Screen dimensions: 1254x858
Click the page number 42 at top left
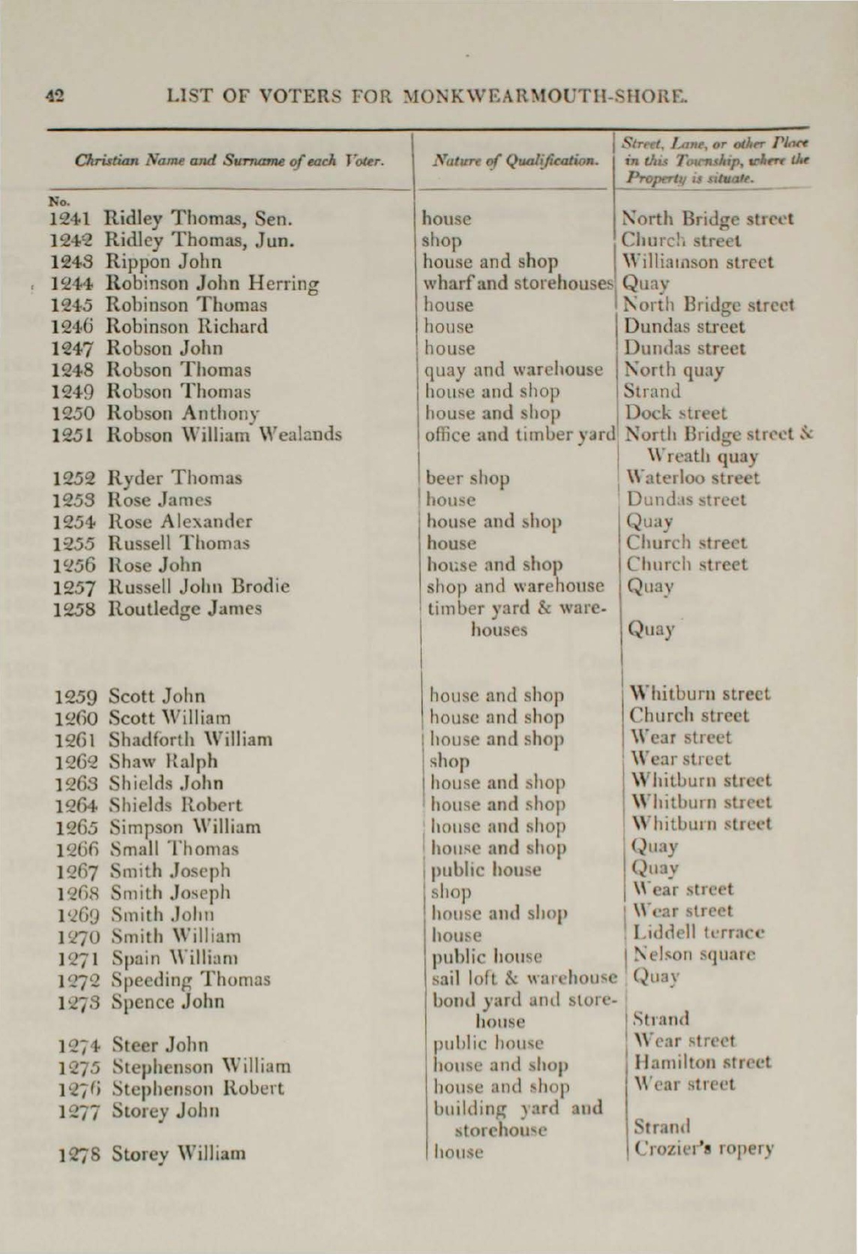(x=55, y=96)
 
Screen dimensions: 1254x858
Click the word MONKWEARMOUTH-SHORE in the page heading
(x=546, y=96)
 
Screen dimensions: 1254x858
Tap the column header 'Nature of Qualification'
(x=514, y=160)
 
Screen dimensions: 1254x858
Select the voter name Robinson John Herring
(x=212, y=284)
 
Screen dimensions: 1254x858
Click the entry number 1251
(x=73, y=435)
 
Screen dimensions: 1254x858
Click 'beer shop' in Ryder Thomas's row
(x=468, y=478)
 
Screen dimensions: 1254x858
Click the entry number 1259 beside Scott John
(x=77, y=696)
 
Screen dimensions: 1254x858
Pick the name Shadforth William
(x=191, y=739)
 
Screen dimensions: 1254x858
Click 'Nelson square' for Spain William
(x=694, y=955)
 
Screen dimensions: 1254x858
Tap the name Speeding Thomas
(x=191, y=979)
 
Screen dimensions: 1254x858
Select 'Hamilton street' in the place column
(x=702, y=1063)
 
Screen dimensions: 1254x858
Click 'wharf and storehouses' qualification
(x=518, y=284)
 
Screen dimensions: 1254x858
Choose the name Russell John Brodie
(x=199, y=586)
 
